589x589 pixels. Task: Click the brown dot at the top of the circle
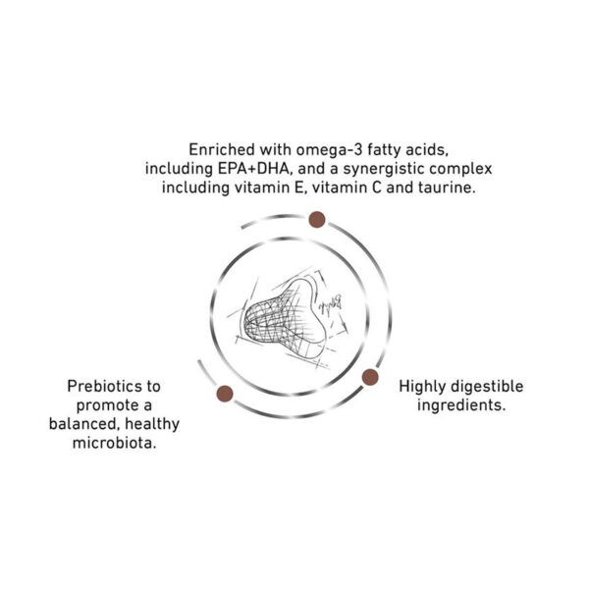coord(317,219)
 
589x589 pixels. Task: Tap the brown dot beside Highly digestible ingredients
coord(370,377)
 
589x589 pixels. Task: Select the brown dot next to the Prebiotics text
coord(225,394)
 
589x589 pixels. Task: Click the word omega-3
coord(329,150)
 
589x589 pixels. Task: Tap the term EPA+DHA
coord(254,169)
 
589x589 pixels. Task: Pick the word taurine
coord(447,187)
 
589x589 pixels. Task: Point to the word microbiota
coord(114,443)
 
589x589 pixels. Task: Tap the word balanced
coord(84,424)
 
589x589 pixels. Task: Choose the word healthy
coord(152,424)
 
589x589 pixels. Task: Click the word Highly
coord(422,387)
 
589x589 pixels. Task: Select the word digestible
coord(487,387)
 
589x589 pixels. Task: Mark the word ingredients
coord(461,406)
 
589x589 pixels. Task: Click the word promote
coord(103,406)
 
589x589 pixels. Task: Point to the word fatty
coord(384,150)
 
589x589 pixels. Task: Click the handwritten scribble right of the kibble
coord(330,303)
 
